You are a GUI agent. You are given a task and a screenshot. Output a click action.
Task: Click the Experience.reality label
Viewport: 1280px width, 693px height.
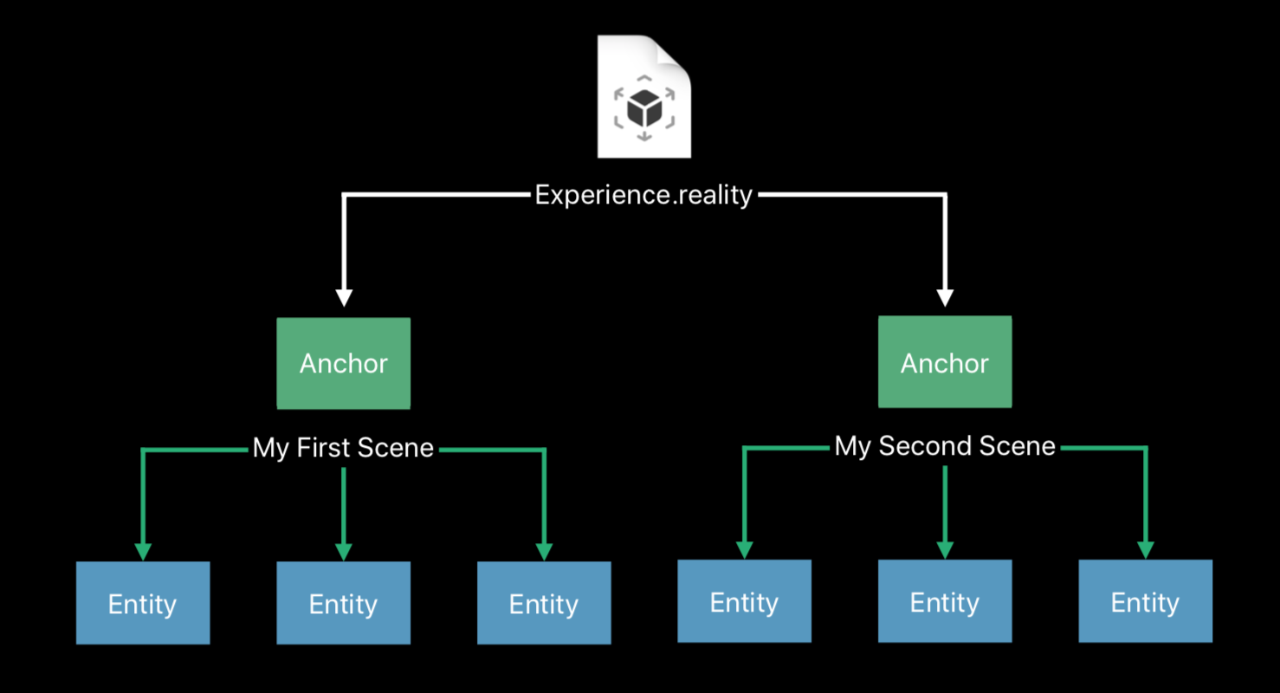point(643,195)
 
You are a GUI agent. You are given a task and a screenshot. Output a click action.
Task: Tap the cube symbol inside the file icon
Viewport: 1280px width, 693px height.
point(644,107)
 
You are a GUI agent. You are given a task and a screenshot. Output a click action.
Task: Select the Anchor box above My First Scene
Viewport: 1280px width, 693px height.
point(344,363)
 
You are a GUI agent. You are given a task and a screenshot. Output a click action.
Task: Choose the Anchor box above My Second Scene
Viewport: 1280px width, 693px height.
point(945,361)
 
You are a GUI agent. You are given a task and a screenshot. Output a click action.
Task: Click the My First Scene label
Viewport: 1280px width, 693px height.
point(343,447)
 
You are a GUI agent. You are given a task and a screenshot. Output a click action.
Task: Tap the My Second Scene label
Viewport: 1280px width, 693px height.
point(945,445)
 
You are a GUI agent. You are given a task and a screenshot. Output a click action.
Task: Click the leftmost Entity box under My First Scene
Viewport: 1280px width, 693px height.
point(143,603)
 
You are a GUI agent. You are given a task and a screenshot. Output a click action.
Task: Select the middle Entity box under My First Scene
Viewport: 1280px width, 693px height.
point(344,603)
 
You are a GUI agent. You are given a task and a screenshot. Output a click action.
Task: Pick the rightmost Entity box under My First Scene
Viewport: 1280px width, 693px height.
point(544,603)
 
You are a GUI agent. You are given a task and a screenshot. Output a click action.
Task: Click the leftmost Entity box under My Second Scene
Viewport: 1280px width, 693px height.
point(744,601)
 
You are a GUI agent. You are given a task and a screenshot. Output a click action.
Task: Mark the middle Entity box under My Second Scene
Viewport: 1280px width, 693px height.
point(945,601)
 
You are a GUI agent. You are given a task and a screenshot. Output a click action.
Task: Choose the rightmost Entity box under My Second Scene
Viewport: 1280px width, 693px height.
point(1145,601)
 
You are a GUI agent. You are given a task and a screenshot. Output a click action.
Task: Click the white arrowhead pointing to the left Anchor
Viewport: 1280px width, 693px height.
point(344,298)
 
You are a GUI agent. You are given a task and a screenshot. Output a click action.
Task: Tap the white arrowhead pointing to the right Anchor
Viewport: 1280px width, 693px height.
point(945,298)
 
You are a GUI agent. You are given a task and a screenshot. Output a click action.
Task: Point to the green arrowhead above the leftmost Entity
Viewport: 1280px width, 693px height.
point(143,552)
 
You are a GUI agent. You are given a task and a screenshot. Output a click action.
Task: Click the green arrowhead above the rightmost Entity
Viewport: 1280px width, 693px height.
point(1146,550)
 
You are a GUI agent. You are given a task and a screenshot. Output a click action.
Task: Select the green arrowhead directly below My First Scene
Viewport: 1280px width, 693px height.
point(344,552)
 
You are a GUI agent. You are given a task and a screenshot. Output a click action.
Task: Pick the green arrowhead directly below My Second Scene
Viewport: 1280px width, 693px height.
point(945,550)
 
